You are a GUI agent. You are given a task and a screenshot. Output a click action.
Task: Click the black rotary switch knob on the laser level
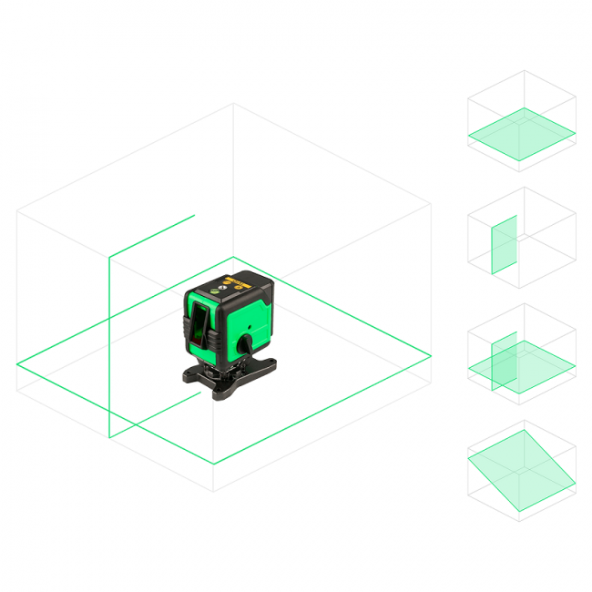[247, 344]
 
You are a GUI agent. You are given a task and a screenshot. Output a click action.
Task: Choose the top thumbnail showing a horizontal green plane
[521, 121]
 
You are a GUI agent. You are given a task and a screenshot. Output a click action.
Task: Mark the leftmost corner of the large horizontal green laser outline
[17, 364]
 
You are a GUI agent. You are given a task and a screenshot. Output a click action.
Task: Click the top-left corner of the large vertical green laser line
[109, 258]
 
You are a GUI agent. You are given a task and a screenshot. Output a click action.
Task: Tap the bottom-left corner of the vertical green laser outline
[109, 438]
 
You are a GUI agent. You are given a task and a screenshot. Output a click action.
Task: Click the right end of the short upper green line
[195, 216]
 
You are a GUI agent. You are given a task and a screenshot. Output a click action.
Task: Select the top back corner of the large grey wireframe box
[233, 104]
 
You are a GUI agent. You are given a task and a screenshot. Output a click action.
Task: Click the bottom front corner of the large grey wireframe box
[214, 491]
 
